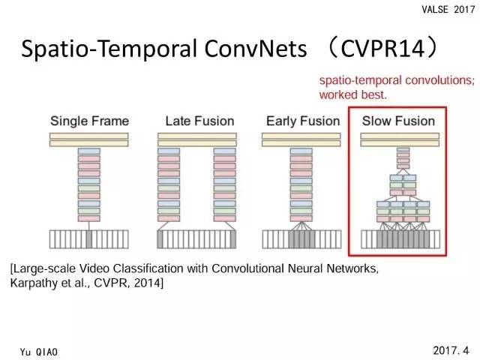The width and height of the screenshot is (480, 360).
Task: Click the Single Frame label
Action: [x=89, y=121]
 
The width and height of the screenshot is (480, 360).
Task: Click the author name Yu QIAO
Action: [x=44, y=350]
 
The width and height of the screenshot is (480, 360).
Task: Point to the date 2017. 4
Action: [x=451, y=349]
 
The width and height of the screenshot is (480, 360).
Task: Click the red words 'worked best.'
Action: [x=353, y=95]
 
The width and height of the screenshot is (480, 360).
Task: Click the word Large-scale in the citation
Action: [x=44, y=268]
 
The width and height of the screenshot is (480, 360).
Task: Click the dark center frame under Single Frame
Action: [x=89, y=239]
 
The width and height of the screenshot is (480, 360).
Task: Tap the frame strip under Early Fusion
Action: [x=298, y=239]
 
